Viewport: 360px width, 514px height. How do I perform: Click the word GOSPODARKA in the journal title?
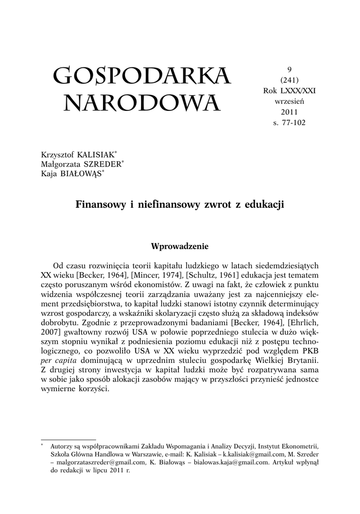(x=142, y=76)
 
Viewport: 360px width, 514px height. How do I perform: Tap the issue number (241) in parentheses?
(x=289, y=80)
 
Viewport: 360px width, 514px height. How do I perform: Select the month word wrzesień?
(x=289, y=101)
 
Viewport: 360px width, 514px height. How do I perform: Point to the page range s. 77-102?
(x=289, y=122)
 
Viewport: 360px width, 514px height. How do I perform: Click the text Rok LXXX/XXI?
(x=289, y=90)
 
